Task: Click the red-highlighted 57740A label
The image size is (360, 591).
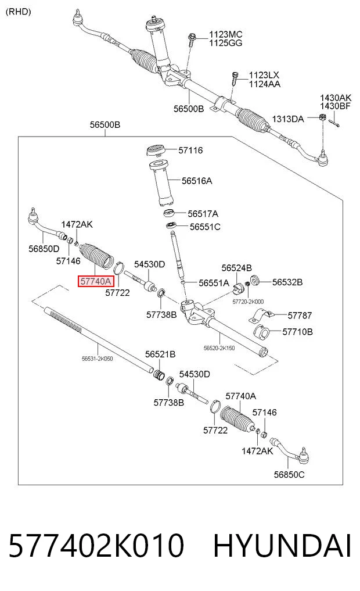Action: point(96,281)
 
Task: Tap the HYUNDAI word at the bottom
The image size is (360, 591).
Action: point(282,545)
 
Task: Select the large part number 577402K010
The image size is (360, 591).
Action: point(96,545)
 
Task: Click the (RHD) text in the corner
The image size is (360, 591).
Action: point(19,11)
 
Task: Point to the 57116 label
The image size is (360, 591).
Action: point(190,150)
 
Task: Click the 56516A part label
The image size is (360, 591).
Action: point(197,181)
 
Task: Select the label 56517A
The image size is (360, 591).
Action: point(203,214)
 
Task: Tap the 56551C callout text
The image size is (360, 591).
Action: point(205,227)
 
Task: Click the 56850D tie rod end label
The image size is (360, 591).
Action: point(44,248)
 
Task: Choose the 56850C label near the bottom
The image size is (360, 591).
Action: point(289,474)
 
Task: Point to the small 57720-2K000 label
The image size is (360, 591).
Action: point(248,302)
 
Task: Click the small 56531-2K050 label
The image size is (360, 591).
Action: point(97,359)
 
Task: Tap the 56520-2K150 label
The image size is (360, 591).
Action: point(219,348)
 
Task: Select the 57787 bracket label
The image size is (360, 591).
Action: point(300,315)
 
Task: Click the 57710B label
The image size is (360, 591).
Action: point(297,332)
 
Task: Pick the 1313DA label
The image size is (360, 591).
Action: point(287,119)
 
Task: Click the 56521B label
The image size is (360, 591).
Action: point(160,354)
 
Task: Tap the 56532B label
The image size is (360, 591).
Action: point(287,282)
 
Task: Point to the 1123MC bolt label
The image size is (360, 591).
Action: point(225,34)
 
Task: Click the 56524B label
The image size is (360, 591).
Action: point(236,268)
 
